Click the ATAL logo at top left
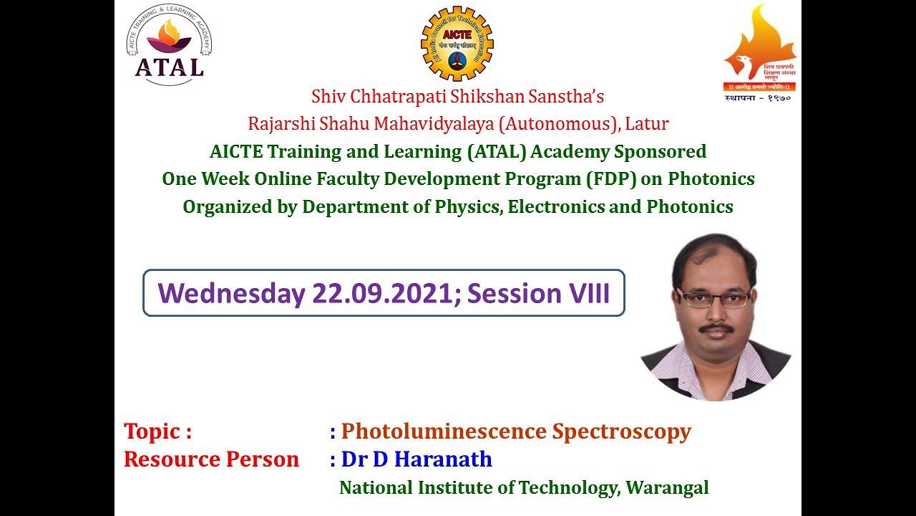pos(170,44)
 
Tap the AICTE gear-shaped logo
pos(457,44)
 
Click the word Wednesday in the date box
pos(230,293)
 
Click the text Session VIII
pos(538,293)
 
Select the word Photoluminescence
pos(444,431)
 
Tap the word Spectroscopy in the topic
pos(621,431)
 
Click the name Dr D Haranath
pos(416,459)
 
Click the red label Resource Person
pos(211,459)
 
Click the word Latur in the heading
pos(647,123)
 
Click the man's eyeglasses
pos(713,299)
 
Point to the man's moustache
pos(716,328)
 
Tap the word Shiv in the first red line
pos(323,96)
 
